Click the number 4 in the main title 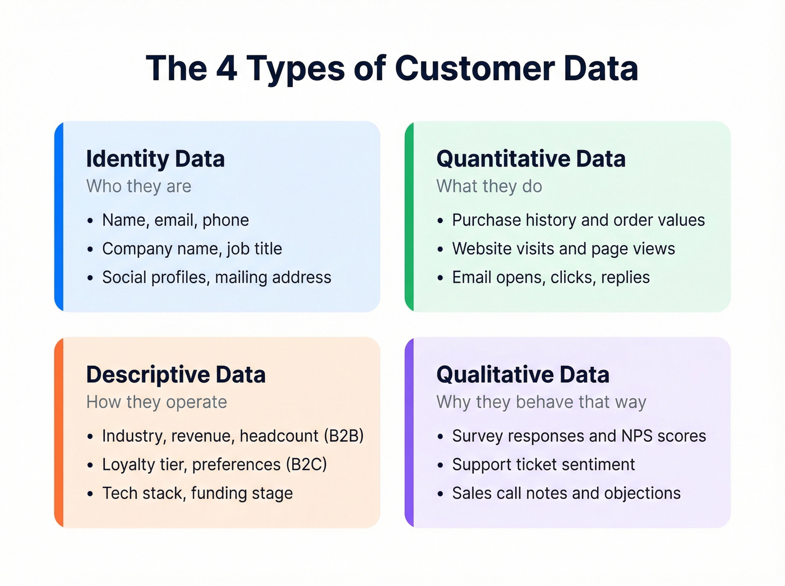point(227,69)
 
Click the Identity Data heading point(155,159)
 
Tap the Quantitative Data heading point(530,159)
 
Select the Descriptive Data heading point(176,375)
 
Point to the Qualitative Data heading point(523,375)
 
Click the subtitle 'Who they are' point(138,186)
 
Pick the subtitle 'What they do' point(489,186)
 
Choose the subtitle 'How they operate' point(156,402)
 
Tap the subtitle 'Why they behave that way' point(541,402)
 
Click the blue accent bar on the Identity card point(59,216)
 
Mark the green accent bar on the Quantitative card point(409,216)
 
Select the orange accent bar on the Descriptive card point(59,432)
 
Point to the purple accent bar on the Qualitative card point(409,432)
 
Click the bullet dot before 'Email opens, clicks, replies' point(441,278)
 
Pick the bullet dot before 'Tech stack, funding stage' point(90,494)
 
